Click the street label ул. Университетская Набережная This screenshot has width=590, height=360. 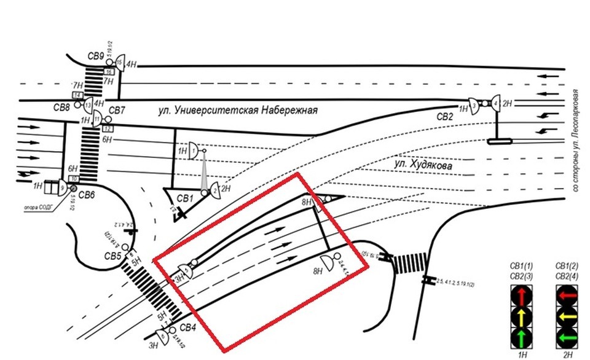pyautogui.click(x=238, y=111)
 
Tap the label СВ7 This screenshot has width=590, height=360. pyautogui.click(x=117, y=111)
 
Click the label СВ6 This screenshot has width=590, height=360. pyautogui.click(x=86, y=195)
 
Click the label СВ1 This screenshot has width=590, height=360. pyautogui.click(x=184, y=198)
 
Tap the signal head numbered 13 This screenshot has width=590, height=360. pyautogui.click(x=88, y=105)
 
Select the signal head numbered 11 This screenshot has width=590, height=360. pyautogui.click(x=97, y=120)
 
